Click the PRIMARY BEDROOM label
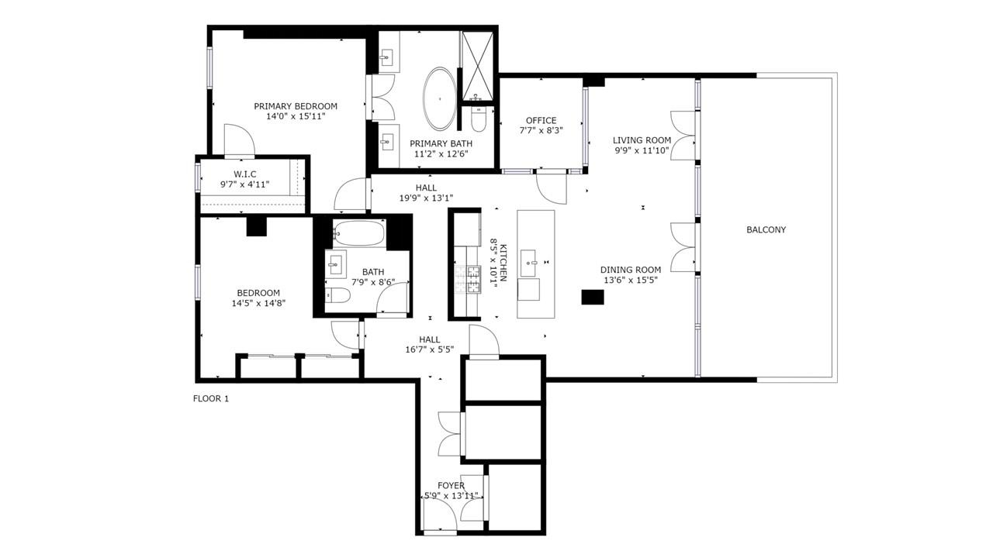tap(296, 106)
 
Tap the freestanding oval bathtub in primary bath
tap(439, 98)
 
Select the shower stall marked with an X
tap(477, 67)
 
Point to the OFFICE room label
tap(541, 120)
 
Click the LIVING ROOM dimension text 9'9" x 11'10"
tap(642, 150)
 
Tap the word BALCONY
tap(766, 230)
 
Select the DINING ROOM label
tap(631, 270)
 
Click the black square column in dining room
tap(593, 297)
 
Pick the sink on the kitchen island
tap(528, 262)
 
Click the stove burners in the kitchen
tap(468, 279)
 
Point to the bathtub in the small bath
tap(358, 233)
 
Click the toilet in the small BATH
tap(337, 295)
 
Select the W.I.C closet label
tap(245, 174)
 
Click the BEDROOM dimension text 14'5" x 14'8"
tap(258, 303)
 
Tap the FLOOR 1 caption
tap(211, 398)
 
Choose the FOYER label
tap(452, 486)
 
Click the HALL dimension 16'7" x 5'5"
tap(430, 350)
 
